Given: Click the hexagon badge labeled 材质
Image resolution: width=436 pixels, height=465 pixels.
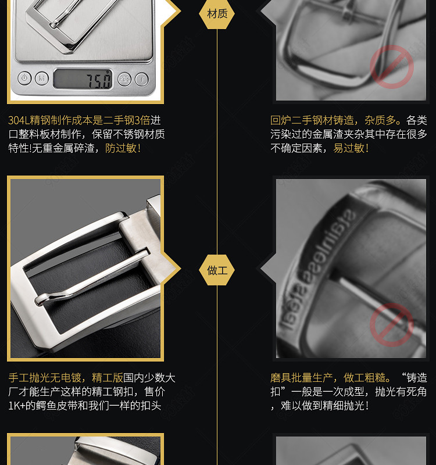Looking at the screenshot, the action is pos(217,13).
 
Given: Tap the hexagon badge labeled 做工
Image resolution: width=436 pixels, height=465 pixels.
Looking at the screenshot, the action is pos(217,270).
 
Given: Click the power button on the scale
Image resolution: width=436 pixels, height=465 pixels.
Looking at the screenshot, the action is pos(24,78).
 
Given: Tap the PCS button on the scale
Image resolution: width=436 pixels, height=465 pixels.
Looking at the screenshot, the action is pos(124,79).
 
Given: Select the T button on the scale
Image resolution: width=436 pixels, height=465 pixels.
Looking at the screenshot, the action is pos(142,80).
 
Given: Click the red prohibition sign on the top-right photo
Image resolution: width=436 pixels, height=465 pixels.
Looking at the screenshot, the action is pos(391,67).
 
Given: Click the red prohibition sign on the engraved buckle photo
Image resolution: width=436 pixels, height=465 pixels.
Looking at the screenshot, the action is pos(391,325).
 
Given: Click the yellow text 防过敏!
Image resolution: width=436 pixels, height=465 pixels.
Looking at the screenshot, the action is pos(123,148).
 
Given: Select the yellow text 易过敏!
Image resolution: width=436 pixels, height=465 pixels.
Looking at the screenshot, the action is pos(351,148).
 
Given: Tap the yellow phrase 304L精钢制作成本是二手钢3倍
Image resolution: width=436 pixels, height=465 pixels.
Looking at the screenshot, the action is pos(79,120).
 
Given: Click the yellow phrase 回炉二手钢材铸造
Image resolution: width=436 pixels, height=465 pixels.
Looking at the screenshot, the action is pos(312,120).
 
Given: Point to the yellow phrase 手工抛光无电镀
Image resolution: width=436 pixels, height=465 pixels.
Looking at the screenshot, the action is pos(45,377).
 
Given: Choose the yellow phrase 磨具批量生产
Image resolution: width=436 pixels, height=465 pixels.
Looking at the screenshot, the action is pos(301,377).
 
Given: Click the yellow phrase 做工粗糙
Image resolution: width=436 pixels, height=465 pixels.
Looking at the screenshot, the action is pos(364,377).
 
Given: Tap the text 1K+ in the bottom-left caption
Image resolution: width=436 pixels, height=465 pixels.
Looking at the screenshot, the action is pos(17,405).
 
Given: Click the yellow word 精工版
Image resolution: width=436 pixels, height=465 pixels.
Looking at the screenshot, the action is pos(108,377).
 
